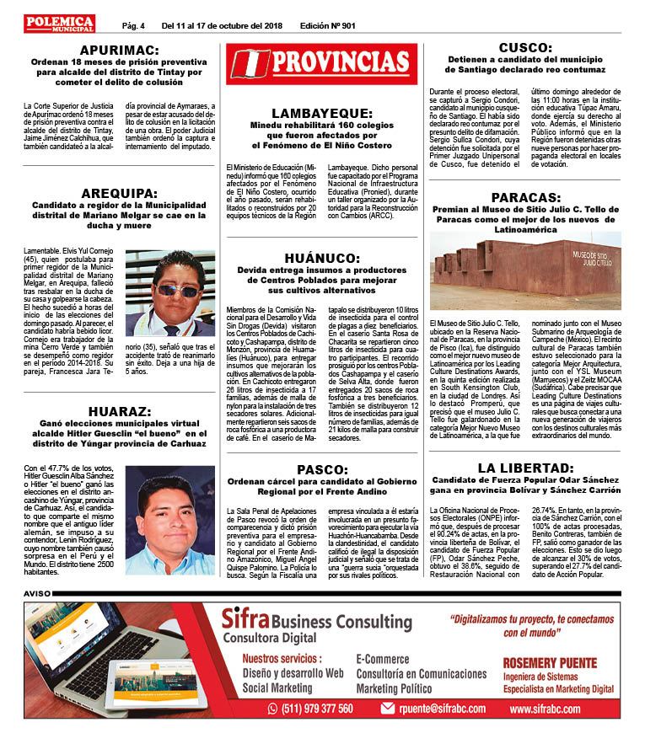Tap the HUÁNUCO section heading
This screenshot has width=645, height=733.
click(322, 258)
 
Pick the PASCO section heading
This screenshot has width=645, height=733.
click(322, 468)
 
